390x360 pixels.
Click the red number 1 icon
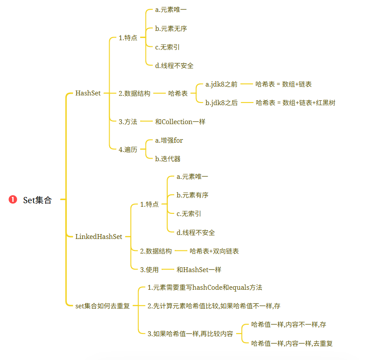click(x=13, y=200)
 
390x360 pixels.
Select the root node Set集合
click(x=38, y=200)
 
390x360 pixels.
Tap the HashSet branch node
click(x=88, y=93)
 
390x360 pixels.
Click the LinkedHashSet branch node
click(x=99, y=237)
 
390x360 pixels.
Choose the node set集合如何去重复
click(x=103, y=306)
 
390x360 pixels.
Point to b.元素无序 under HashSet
click(x=171, y=29)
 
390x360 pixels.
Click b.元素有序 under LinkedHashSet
click(x=192, y=195)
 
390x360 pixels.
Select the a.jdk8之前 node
click(x=222, y=84)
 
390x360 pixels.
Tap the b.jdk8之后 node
click(x=222, y=103)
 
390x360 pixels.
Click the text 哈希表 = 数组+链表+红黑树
click(x=295, y=103)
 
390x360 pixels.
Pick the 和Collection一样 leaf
click(x=180, y=121)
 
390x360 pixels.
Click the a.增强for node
click(x=169, y=140)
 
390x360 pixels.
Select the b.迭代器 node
click(x=168, y=159)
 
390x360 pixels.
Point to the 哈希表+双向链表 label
click(x=214, y=251)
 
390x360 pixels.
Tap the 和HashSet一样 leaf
click(x=199, y=269)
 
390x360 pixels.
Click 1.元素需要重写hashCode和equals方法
click(x=205, y=288)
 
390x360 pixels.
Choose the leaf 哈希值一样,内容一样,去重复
click(x=292, y=343)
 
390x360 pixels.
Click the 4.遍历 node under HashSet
click(x=128, y=149)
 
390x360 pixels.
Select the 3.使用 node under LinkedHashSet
click(x=149, y=269)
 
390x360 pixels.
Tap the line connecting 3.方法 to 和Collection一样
click(x=146, y=121)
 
